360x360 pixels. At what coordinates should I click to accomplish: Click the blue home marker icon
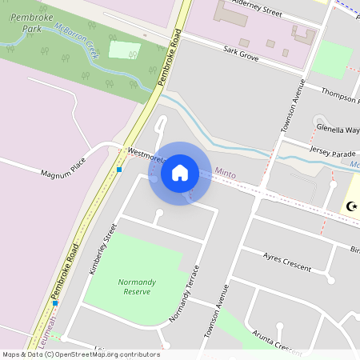(180, 173)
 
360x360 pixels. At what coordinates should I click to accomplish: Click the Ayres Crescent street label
(286, 261)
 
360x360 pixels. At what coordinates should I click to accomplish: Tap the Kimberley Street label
(102, 250)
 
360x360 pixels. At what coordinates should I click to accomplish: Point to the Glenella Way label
(338, 128)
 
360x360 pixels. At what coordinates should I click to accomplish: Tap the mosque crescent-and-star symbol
(350, 206)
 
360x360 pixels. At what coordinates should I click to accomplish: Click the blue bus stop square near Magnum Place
(118, 169)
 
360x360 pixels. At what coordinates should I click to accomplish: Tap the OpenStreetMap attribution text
(80, 354)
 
